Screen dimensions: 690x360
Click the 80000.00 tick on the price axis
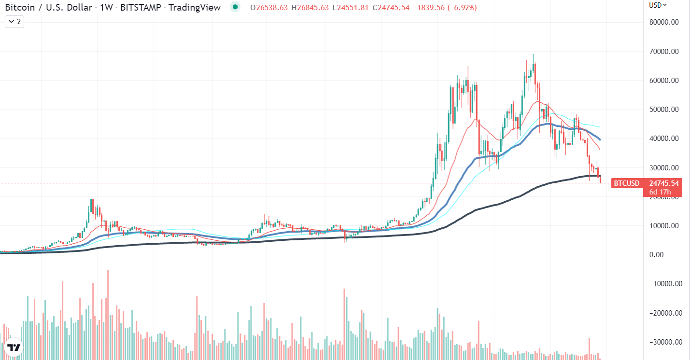[x=664, y=22]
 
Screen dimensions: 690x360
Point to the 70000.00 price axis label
[x=664, y=52]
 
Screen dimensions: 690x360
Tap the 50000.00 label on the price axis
[x=664, y=110]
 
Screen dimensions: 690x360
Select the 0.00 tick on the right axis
[x=656, y=255]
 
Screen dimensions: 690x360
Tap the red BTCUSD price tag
[x=627, y=183]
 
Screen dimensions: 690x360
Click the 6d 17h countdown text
[x=660, y=192]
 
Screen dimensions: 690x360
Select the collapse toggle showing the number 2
[x=14, y=22]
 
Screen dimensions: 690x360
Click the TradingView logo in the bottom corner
[x=14, y=347]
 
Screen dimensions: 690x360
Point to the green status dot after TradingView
[x=235, y=7]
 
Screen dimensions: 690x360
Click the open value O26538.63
[x=269, y=8]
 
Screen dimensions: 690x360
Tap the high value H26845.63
[x=310, y=8]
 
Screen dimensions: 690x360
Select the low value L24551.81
[x=351, y=8]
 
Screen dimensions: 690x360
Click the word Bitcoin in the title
[x=20, y=7]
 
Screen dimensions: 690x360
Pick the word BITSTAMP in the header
[x=141, y=7]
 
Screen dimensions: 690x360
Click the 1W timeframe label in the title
[x=106, y=7]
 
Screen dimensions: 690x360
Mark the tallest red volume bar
[x=108, y=315]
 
